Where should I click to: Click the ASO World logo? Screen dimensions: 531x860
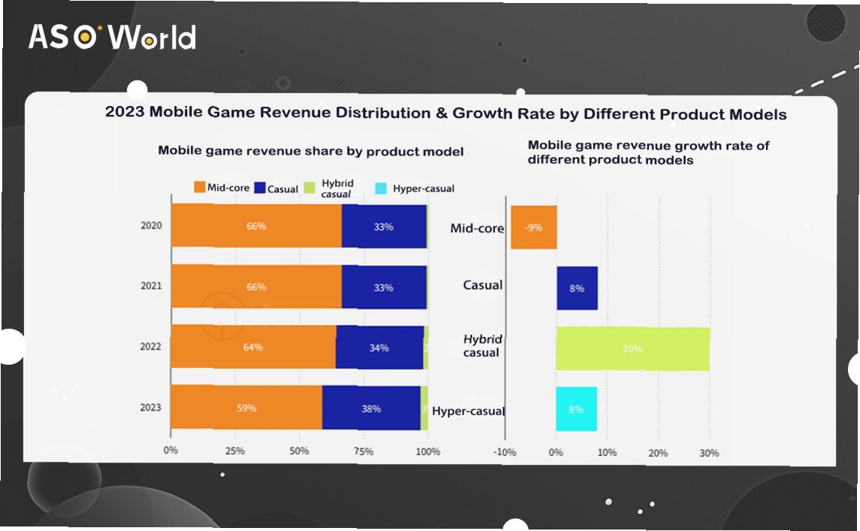[113, 37]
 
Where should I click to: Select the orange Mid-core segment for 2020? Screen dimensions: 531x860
[256, 226]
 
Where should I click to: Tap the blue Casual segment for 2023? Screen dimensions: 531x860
[371, 409]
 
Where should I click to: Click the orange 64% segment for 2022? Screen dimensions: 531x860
[253, 348]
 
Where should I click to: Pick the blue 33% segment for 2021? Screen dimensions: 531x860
[384, 287]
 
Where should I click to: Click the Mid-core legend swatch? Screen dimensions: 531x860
[200, 188]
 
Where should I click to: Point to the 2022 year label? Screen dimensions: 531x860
[151, 348]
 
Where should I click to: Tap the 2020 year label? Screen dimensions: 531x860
[151, 226]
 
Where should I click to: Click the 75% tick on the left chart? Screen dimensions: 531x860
[364, 451]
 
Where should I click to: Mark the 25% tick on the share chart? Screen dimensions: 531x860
[235, 451]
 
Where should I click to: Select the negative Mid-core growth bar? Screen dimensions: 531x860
[534, 228]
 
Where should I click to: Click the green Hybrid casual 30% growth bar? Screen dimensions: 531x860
[632, 348]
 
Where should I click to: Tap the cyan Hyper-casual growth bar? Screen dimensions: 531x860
[576, 409]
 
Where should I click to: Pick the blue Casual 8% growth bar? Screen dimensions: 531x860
[577, 288]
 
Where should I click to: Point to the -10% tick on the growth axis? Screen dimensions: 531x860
[505, 453]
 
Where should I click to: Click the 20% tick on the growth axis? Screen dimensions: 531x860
[658, 453]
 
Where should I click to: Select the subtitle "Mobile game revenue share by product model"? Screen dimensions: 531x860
[310, 151]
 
